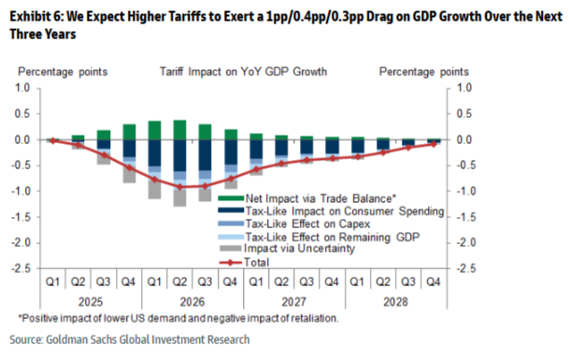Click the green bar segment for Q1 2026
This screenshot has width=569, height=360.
(155, 130)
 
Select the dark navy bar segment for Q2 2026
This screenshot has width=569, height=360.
(179, 155)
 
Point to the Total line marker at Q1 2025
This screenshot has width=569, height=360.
(54, 141)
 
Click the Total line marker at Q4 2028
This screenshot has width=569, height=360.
(433, 144)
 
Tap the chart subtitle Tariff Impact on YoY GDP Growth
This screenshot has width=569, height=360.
(244, 71)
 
